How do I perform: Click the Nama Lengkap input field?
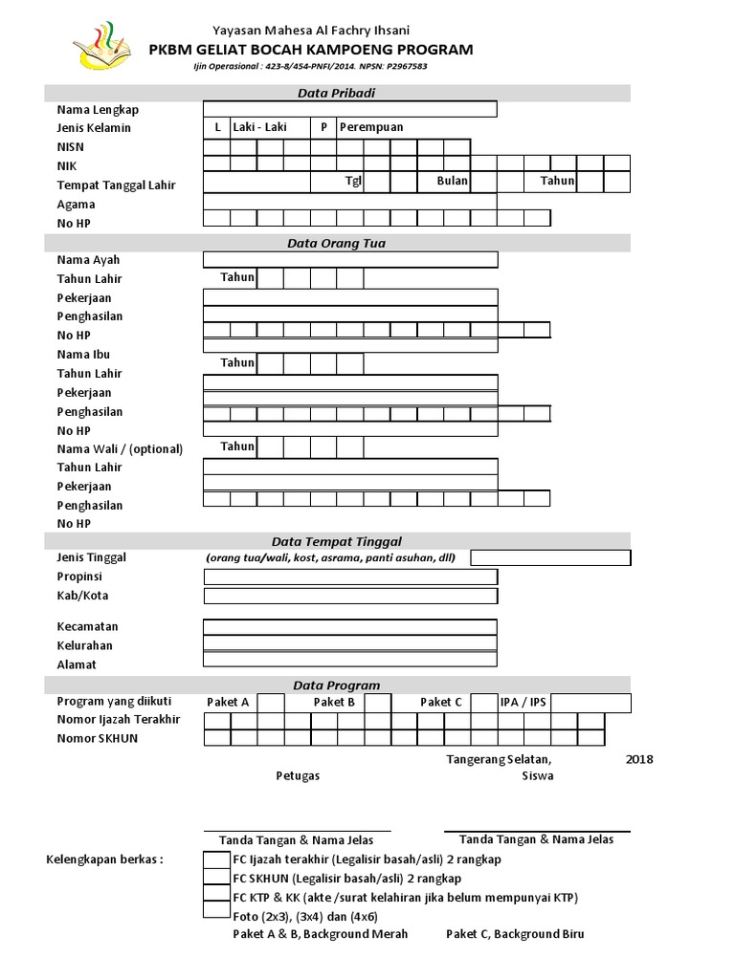click(349, 109)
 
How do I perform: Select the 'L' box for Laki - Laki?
click(217, 127)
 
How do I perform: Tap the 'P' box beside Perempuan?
click(323, 127)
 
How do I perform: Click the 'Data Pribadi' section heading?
click(336, 93)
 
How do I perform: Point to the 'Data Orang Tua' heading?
click(336, 243)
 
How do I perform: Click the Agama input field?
click(349, 202)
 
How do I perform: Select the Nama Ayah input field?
click(349, 259)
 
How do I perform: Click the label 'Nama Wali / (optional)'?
click(120, 448)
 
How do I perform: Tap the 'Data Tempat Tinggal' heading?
click(336, 541)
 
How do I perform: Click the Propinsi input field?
click(349, 577)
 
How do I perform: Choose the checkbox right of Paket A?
click(272, 703)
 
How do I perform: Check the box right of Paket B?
click(377, 703)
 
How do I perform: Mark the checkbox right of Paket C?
click(484, 703)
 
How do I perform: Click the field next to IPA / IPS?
click(590, 703)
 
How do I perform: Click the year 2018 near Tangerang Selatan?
click(638, 759)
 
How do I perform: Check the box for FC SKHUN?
click(217, 877)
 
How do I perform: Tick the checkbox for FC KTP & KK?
click(217, 896)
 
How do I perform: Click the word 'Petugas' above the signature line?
click(298, 776)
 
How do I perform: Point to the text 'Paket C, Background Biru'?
click(515, 934)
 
